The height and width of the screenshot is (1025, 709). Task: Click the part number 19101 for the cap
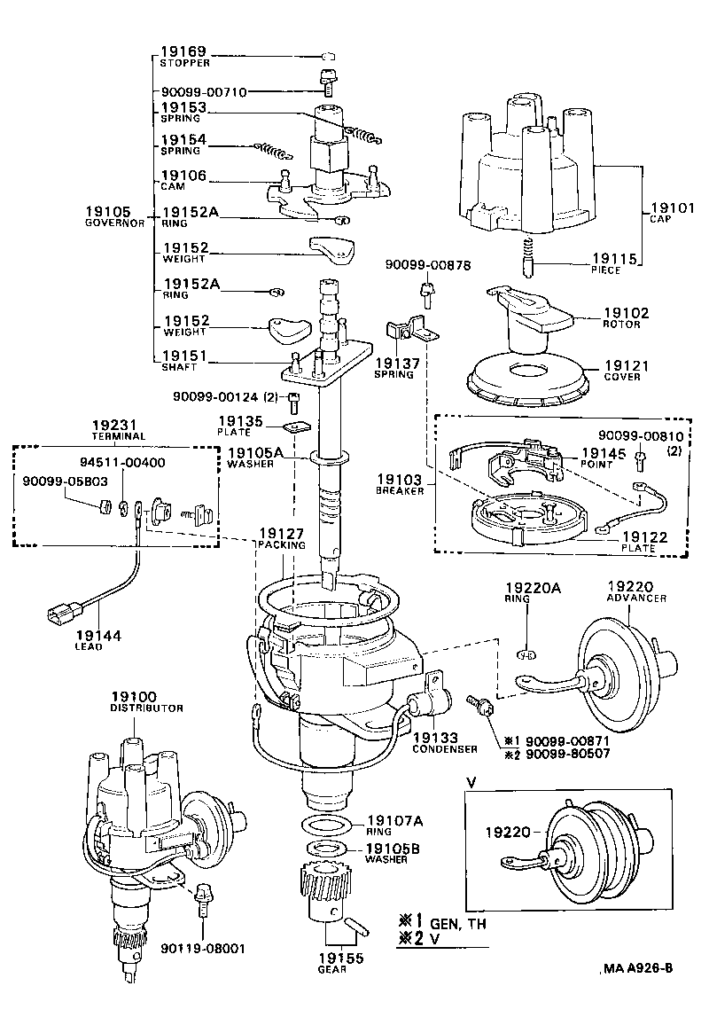pos(671,209)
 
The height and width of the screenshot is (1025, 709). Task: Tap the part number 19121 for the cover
pos(627,365)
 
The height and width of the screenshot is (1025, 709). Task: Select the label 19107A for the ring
pos(394,821)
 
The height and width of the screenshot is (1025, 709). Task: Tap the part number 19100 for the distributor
pos(134,697)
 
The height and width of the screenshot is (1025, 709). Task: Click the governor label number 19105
pos(108,212)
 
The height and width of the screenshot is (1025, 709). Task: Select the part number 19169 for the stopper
pos(183,52)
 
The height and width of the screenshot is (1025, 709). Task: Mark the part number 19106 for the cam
pos(183,176)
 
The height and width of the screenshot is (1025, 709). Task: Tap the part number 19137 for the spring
pos(393,364)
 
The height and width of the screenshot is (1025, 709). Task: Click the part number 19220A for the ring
pos(530,587)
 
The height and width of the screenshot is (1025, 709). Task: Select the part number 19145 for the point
pos(604,452)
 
